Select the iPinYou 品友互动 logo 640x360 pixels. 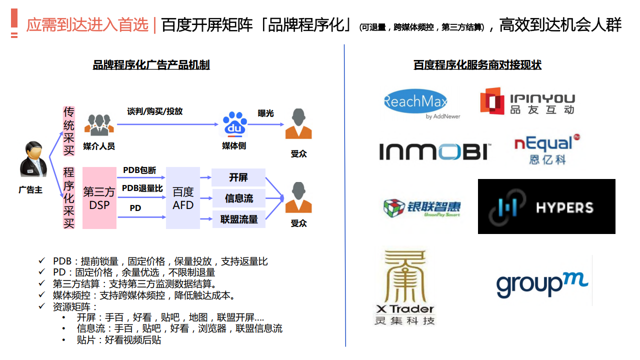(x=527, y=101)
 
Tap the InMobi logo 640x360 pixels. (x=435, y=151)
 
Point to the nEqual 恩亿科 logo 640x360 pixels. (x=547, y=149)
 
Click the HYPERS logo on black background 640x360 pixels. (x=546, y=206)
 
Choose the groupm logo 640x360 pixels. (x=542, y=284)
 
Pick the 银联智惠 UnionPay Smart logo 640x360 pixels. (x=421, y=207)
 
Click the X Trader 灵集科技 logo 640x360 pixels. (x=404, y=287)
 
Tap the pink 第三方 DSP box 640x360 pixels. (x=99, y=198)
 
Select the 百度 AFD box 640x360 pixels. (x=183, y=198)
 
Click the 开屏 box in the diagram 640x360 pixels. (x=238, y=177)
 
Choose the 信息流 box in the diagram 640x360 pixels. (x=238, y=198)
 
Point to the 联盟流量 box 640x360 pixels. (x=239, y=219)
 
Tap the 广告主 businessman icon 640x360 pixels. (x=33, y=159)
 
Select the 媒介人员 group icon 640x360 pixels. (x=99, y=125)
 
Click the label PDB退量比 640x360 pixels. (x=142, y=188)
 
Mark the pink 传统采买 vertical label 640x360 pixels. (x=68, y=131)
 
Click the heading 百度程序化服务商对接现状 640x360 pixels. (x=477, y=65)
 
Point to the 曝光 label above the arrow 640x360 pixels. (x=265, y=113)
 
